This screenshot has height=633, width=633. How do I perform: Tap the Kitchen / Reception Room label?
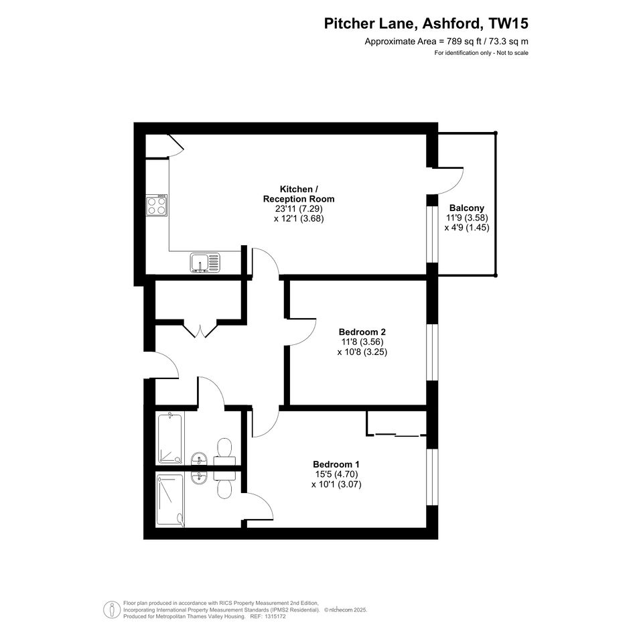click(299, 194)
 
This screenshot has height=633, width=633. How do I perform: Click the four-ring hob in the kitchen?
click(157, 205)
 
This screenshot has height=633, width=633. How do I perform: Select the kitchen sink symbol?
click(206, 263)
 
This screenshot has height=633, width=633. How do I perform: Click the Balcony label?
click(467, 208)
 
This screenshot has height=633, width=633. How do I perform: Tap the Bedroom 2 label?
click(362, 332)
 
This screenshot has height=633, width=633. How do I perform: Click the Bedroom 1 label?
click(336, 464)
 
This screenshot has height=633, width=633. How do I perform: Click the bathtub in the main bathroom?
click(170, 437)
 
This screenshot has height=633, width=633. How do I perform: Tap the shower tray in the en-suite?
click(170, 500)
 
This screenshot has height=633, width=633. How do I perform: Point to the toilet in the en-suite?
click(224, 485)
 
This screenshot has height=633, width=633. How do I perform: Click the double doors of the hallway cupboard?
click(201, 329)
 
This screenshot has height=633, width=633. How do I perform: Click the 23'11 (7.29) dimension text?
click(299, 209)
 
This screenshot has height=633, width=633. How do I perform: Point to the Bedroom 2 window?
click(432, 352)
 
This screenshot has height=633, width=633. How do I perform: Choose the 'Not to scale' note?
click(512, 53)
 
